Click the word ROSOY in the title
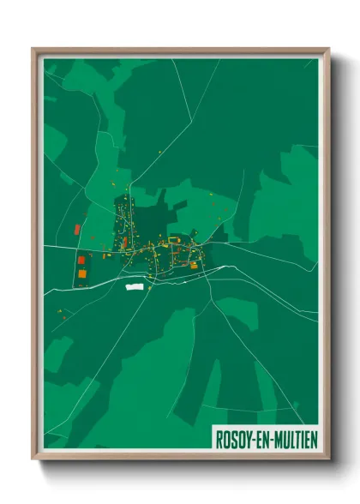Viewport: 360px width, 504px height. pyautogui.click(x=232, y=439)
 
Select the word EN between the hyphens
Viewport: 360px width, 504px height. pyautogui.click(x=261, y=439)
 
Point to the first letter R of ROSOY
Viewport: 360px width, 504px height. pyautogui.click(x=219, y=439)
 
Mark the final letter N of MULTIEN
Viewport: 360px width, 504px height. pyautogui.click(x=314, y=439)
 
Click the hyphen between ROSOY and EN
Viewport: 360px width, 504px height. pyautogui.click(x=251, y=439)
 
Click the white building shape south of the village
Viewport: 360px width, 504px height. pyautogui.click(x=135, y=286)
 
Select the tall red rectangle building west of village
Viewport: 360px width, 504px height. pyautogui.click(x=77, y=230)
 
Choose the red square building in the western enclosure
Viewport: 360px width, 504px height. pyautogui.click(x=81, y=260)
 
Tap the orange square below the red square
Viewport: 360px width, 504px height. pyautogui.click(x=82, y=273)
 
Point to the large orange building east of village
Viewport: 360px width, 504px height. pyautogui.click(x=194, y=265)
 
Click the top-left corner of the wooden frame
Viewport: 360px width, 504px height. pyautogui.click(x=33, y=49)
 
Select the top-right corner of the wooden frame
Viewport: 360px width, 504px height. pyautogui.click(x=328, y=49)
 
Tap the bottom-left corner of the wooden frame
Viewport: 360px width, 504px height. pyautogui.click(x=33, y=459)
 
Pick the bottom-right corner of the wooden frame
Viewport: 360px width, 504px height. pyautogui.click(x=328, y=459)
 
